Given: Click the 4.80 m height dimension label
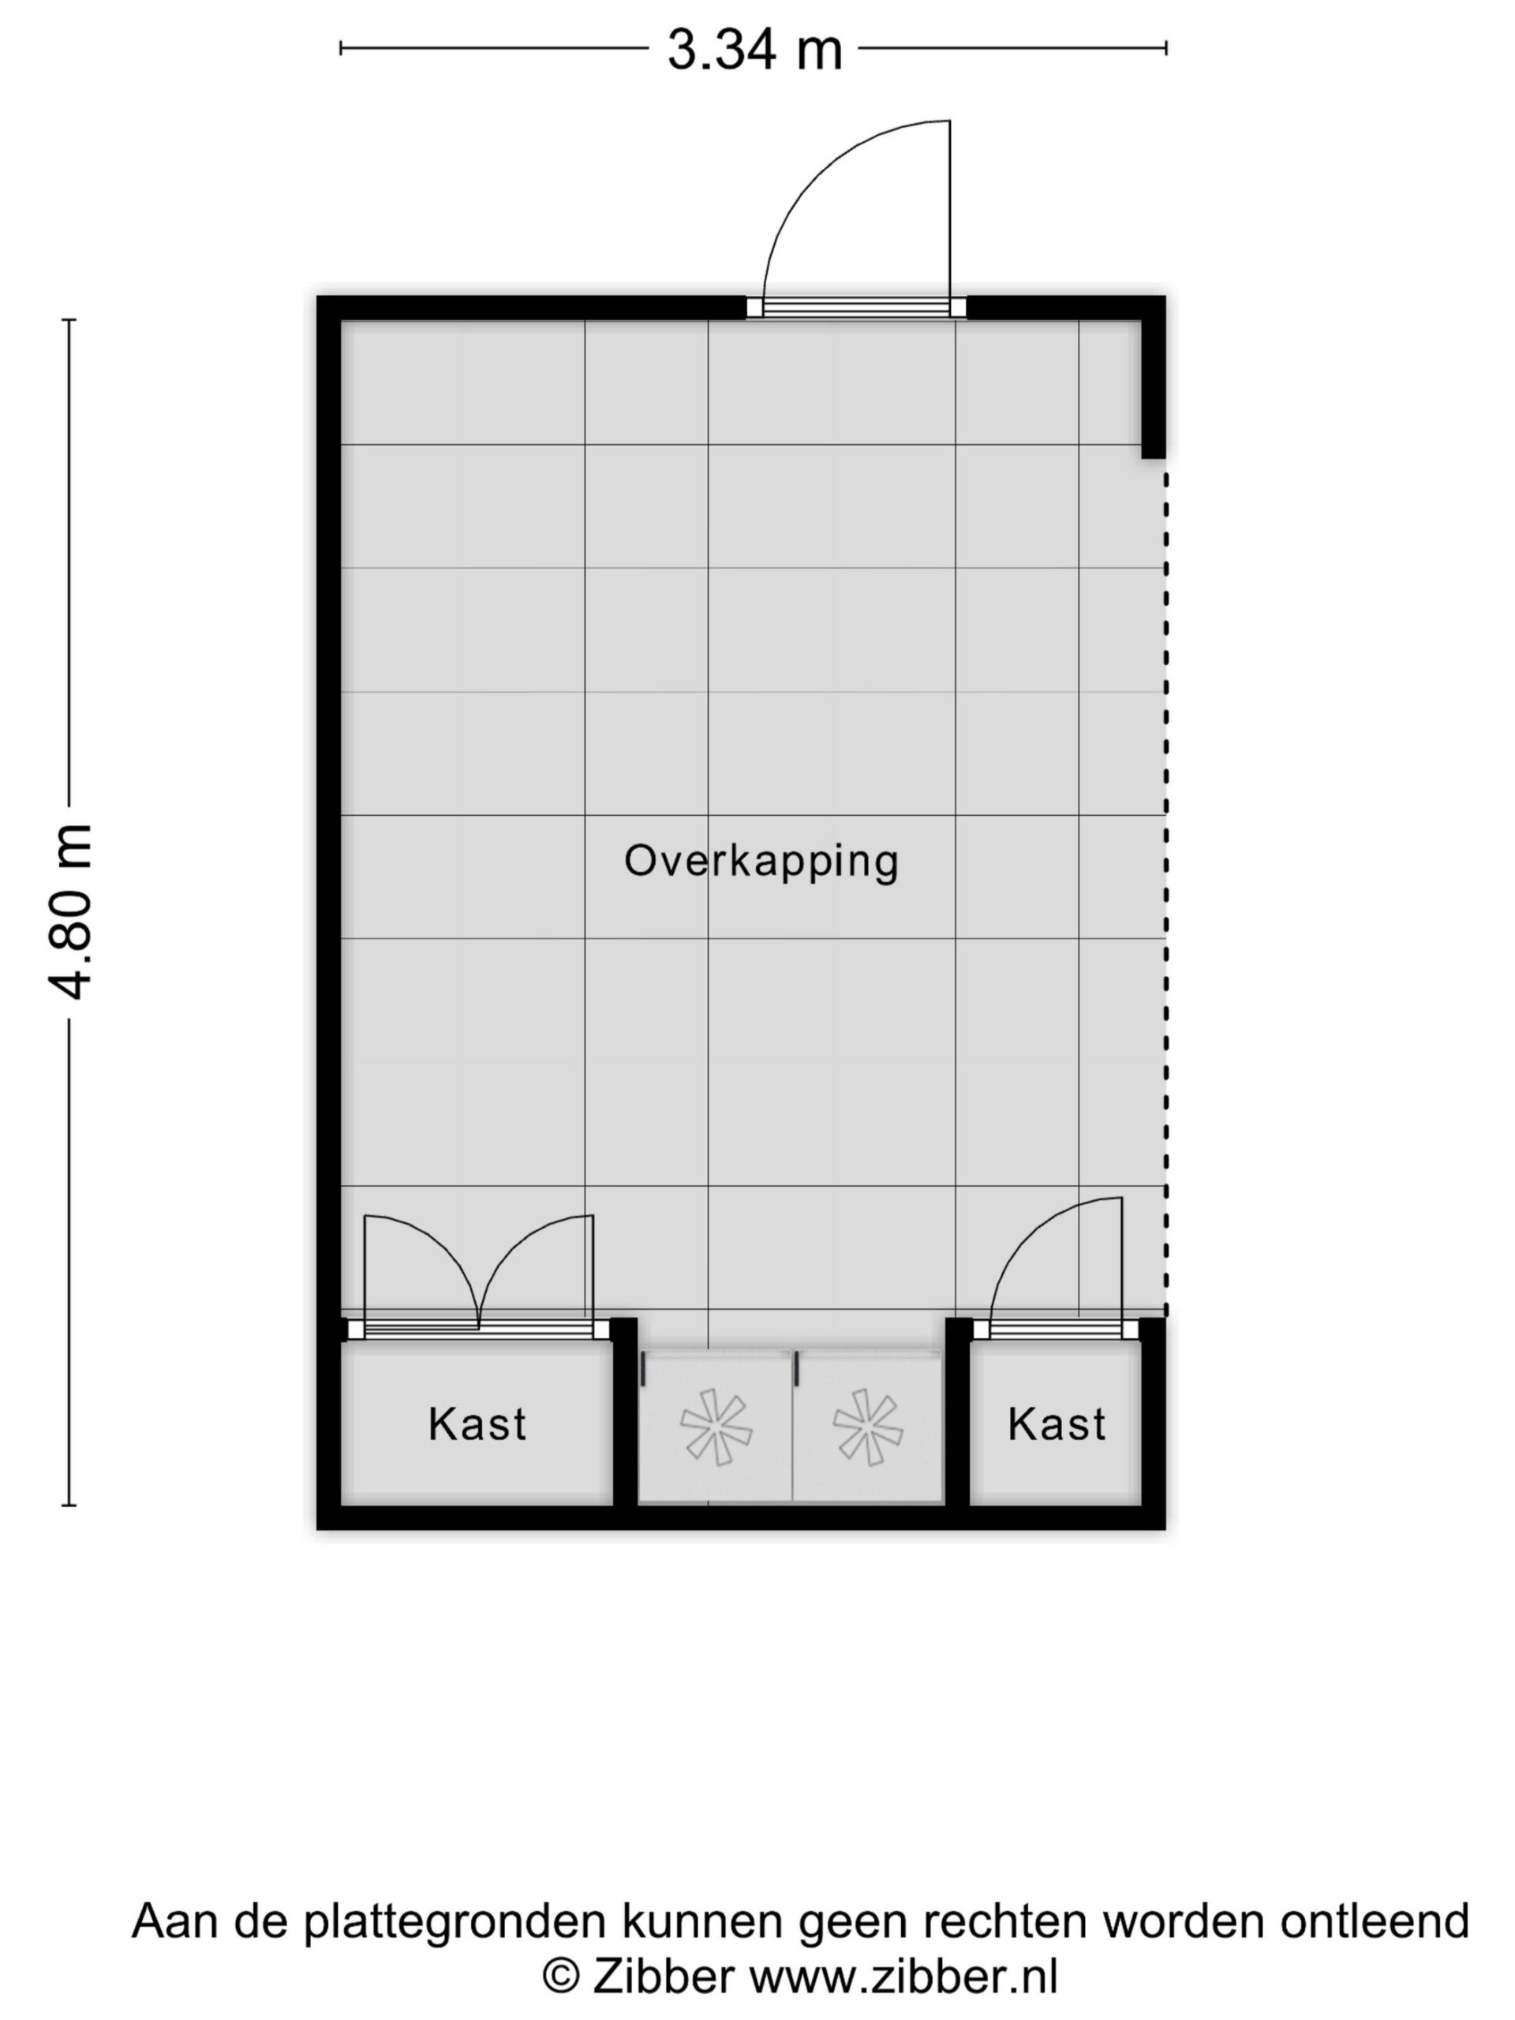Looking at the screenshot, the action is coord(70,911).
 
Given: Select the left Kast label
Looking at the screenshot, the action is coord(477,1424).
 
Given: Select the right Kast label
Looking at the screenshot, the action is coord(1057,1424).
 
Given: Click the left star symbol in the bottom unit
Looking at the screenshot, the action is coord(716,1428).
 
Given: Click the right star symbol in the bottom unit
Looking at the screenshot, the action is coord(867,1428).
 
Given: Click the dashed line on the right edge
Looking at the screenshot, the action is coord(1165,893).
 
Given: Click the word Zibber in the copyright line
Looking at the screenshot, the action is coord(663,1978).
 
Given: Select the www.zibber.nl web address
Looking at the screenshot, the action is coord(903,1978).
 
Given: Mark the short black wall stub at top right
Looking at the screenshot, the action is coord(1154,388).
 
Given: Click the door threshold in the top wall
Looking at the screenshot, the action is coord(855,308).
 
